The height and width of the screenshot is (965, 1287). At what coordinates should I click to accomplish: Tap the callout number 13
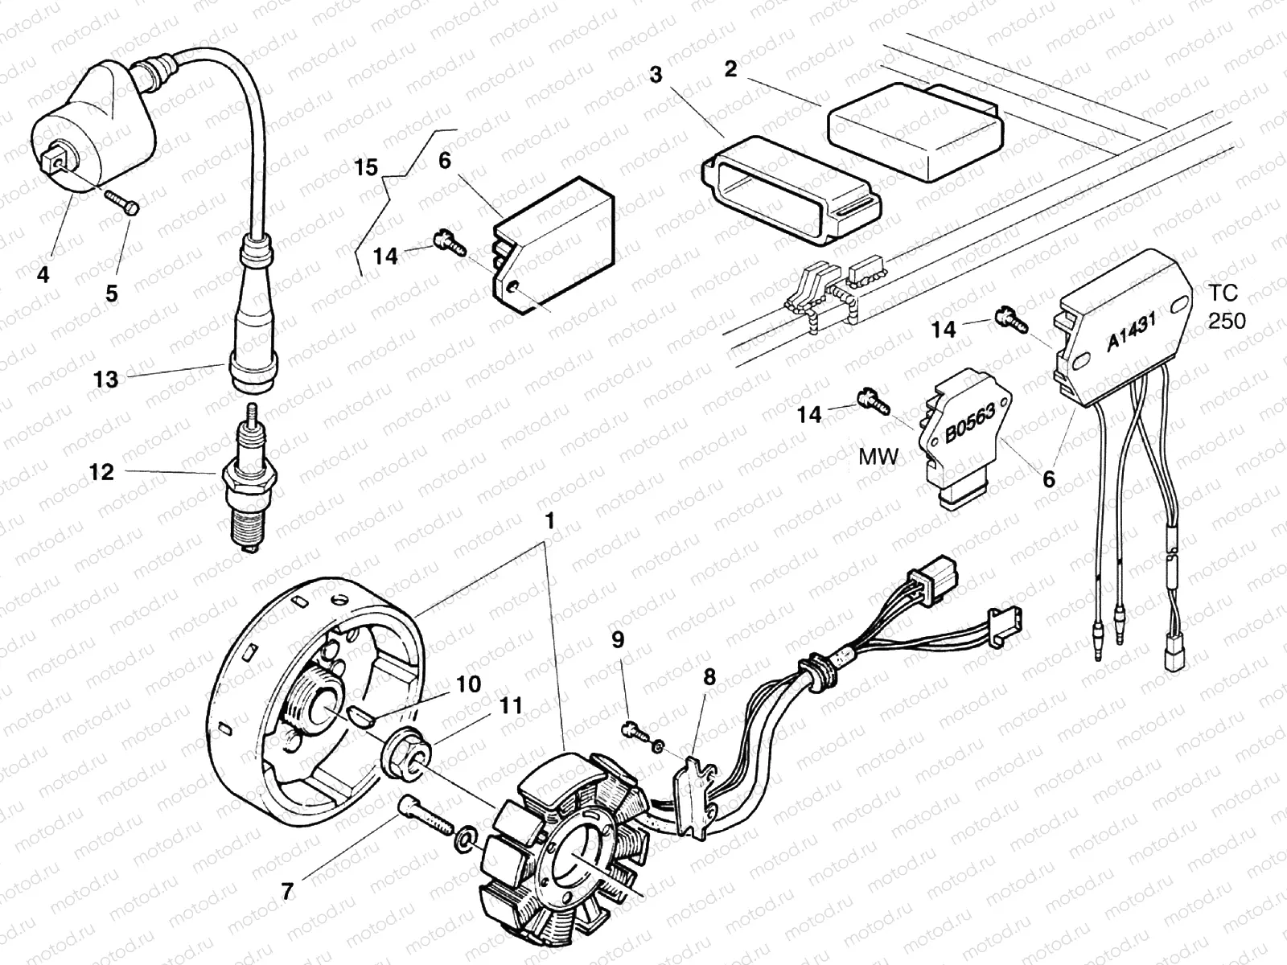105,380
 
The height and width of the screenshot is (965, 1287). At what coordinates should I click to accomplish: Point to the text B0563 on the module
969,423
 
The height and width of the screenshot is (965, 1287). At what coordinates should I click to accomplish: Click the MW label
878,458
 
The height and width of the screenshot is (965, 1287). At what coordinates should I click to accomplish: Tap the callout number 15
366,168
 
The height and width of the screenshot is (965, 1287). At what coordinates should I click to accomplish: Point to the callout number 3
656,75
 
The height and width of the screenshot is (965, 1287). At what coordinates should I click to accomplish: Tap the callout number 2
730,69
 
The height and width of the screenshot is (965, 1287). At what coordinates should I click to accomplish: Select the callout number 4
43,275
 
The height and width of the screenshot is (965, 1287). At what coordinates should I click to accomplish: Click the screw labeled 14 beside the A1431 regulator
1010,318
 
